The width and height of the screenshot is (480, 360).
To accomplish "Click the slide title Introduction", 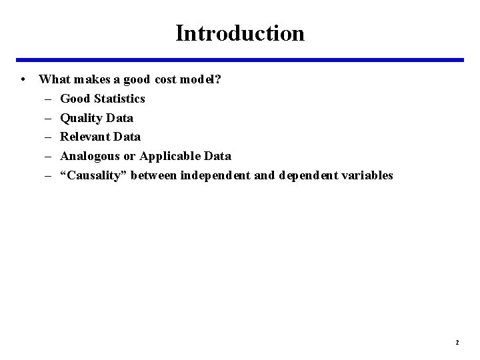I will coord(240,33).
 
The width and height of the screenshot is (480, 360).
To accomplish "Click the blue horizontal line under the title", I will coord(240,60).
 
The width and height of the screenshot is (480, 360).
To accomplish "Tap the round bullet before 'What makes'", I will coord(23,79).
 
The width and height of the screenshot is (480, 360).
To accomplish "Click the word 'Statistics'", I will coord(120,99).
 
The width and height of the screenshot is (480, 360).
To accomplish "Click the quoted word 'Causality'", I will coord(94,175).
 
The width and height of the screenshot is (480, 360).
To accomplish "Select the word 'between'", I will coord(154,175).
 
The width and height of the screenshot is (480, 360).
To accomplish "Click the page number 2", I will coord(457,342).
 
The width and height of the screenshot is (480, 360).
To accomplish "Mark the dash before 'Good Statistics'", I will coord(49,99).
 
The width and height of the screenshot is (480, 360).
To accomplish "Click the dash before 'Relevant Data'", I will coord(49,137).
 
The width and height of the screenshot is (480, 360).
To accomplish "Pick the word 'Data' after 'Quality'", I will coord(121,118).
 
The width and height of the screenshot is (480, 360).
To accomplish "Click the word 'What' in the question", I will coord(53,79).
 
